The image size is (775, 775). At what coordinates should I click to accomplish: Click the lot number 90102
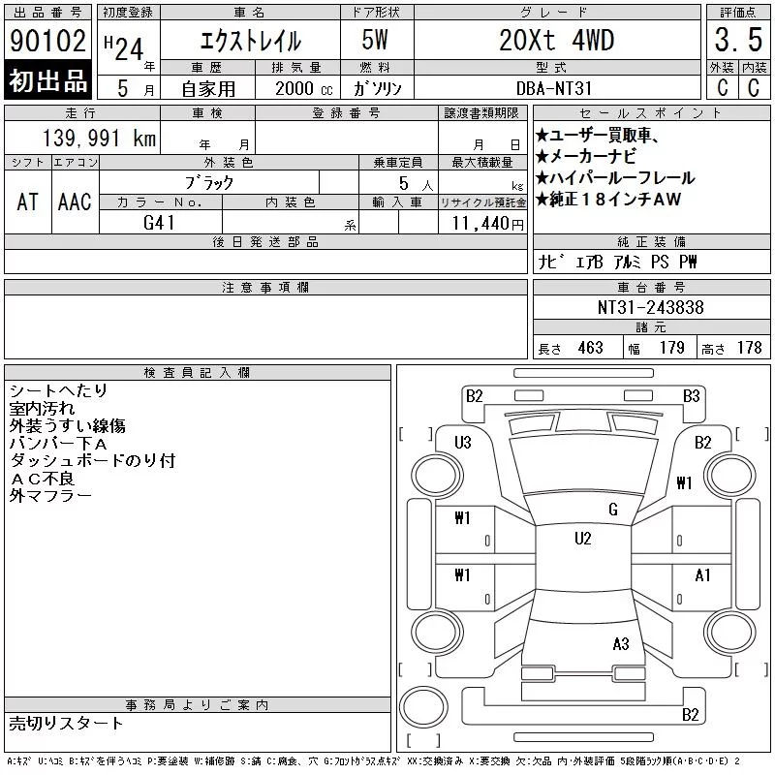47,41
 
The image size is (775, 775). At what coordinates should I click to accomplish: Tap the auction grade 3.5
738,40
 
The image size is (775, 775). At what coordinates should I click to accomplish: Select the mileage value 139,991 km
99,138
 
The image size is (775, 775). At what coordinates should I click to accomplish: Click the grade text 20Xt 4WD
556,40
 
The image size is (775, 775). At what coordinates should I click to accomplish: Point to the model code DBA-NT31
553,88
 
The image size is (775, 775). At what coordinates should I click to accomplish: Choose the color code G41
159,223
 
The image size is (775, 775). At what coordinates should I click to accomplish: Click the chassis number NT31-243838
650,307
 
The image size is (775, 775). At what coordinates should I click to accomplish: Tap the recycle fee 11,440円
487,224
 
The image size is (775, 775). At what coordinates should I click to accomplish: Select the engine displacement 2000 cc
303,89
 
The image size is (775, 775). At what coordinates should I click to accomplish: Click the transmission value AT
28,201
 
